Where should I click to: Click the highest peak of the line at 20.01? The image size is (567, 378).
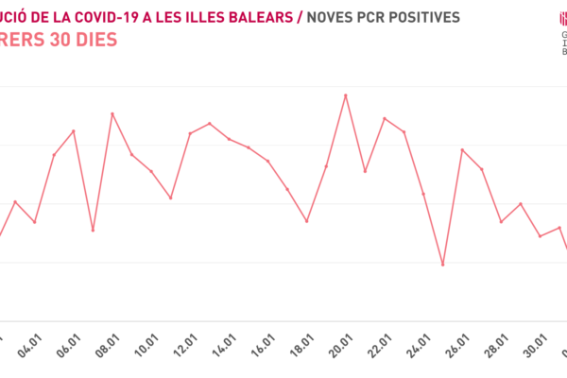346,95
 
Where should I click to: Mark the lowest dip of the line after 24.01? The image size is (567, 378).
442,265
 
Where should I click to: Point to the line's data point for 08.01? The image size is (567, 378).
112,113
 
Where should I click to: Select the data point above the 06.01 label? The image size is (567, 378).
74,130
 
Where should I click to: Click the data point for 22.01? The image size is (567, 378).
385,118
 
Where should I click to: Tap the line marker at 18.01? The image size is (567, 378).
307,221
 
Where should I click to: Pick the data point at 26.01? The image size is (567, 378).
462,149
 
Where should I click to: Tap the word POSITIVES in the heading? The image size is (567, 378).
421,17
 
